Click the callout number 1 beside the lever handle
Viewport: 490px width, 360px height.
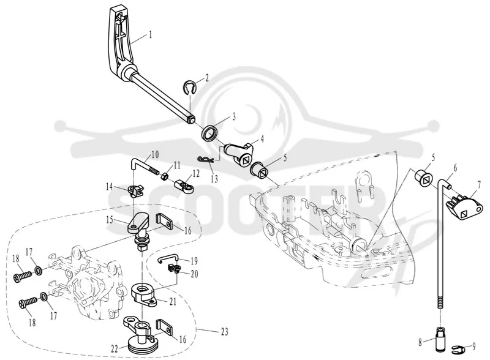[x=150, y=34]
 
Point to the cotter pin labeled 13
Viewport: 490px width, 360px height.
[x=206, y=160]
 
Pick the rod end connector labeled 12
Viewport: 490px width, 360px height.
[x=184, y=185]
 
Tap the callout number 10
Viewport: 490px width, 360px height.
[x=155, y=155]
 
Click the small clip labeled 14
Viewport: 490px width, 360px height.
[x=135, y=191]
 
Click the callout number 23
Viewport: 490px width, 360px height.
[x=225, y=332]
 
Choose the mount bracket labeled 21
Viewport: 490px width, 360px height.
[x=145, y=293]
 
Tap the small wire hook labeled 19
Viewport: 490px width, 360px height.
[x=168, y=258]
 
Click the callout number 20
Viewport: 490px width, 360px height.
[x=194, y=274]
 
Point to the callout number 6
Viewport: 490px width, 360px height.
[x=455, y=168]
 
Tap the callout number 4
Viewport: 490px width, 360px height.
[x=262, y=138]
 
